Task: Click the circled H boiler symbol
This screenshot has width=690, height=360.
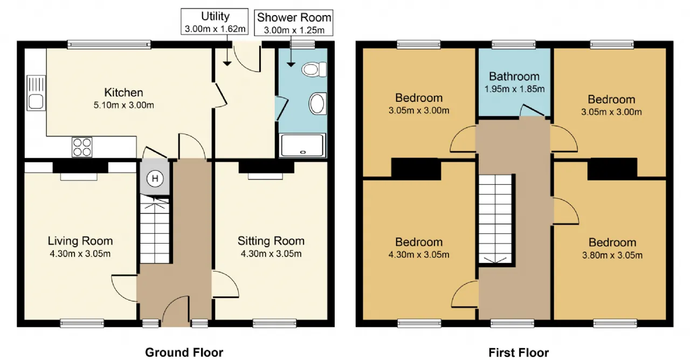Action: click(155, 178)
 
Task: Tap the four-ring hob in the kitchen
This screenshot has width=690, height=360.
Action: click(82, 147)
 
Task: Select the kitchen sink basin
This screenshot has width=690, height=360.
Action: click(36, 101)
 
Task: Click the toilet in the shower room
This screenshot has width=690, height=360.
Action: click(314, 70)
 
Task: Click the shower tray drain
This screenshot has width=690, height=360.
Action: click(303, 152)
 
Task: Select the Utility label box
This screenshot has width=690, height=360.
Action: click(215, 22)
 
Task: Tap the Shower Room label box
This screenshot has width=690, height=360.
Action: click(294, 23)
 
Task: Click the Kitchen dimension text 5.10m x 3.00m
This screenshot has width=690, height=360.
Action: click(123, 105)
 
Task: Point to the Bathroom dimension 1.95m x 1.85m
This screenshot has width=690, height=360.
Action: click(514, 89)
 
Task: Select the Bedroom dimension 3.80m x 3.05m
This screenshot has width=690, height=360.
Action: click(612, 255)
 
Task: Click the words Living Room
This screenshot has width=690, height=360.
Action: click(80, 241)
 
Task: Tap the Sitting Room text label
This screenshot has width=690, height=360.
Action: click(271, 241)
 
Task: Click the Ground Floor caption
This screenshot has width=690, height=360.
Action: click(184, 352)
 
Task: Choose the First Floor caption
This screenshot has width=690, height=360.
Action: click(519, 352)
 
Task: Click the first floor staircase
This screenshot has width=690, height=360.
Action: click(495, 219)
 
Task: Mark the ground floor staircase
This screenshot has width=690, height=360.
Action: click(155, 229)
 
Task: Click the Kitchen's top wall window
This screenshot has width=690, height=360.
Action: click(109, 45)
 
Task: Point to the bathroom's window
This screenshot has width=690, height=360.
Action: click(514, 45)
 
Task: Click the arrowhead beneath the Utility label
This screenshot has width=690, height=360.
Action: click(227, 64)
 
